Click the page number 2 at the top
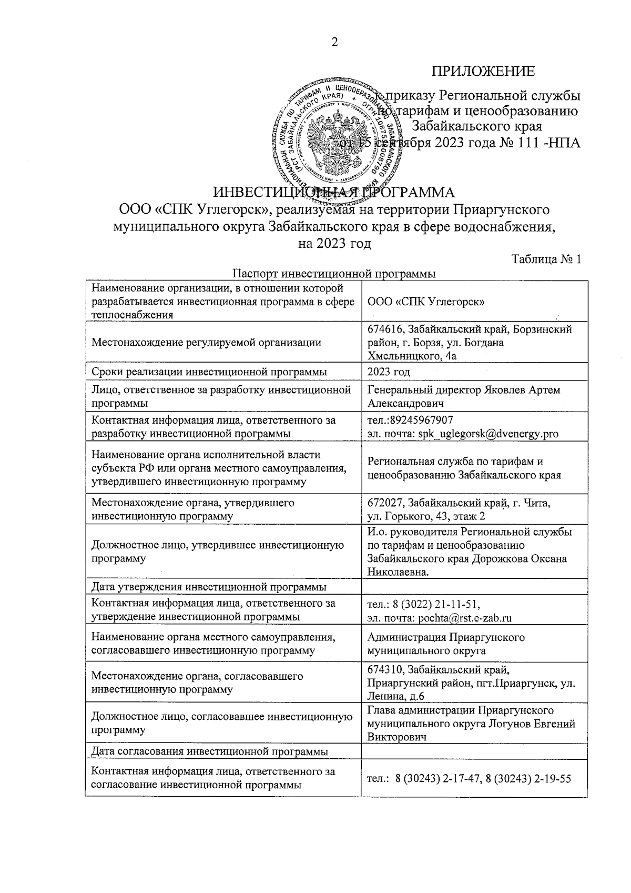pos(333,43)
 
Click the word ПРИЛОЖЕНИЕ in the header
pos(483,72)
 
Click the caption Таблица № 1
pos(546,259)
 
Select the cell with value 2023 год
pos(389,372)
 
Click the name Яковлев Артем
pos(523,390)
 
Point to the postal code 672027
pos(385,503)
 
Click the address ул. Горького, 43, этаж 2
pos(426,516)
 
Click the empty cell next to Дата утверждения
pos(473,587)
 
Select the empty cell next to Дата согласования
pos(473,751)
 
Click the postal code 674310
pos(385,670)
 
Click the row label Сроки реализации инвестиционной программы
pos(209,372)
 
